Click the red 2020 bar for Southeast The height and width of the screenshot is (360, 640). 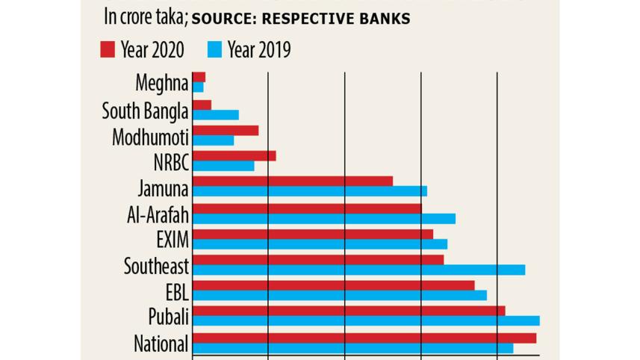pyautogui.click(x=318, y=260)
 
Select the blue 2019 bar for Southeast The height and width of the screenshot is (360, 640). pyautogui.click(x=358, y=270)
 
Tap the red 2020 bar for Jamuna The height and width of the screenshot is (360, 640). pyautogui.click(x=293, y=181)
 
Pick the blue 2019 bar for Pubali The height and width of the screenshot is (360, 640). pyautogui.click(x=366, y=320)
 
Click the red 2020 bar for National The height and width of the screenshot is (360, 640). pyautogui.click(x=364, y=338)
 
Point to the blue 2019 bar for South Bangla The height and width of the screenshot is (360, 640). pyautogui.click(x=216, y=115)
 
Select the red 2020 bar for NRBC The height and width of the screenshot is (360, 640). pyautogui.click(x=234, y=155)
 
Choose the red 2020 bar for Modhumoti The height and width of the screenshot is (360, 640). pyautogui.click(x=226, y=131)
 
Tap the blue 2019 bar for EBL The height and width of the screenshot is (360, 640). pyautogui.click(x=340, y=295)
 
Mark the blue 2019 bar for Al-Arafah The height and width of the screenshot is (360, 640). pyautogui.click(x=324, y=219)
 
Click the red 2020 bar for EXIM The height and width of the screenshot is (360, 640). pyautogui.click(x=313, y=235)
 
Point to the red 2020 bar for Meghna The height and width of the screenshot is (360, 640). pyautogui.click(x=199, y=77)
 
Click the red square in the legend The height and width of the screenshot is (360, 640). pyautogui.click(x=107, y=50)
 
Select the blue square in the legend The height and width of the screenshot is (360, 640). pyautogui.click(x=214, y=50)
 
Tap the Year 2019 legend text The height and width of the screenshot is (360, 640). pyautogui.click(x=259, y=50)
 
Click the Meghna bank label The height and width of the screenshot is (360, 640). pyautogui.click(x=162, y=82)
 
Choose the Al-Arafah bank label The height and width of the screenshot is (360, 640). pyautogui.click(x=158, y=215)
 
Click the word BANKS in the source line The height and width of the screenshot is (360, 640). pyautogui.click(x=382, y=19)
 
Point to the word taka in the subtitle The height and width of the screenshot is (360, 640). pyautogui.click(x=166, y=18)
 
